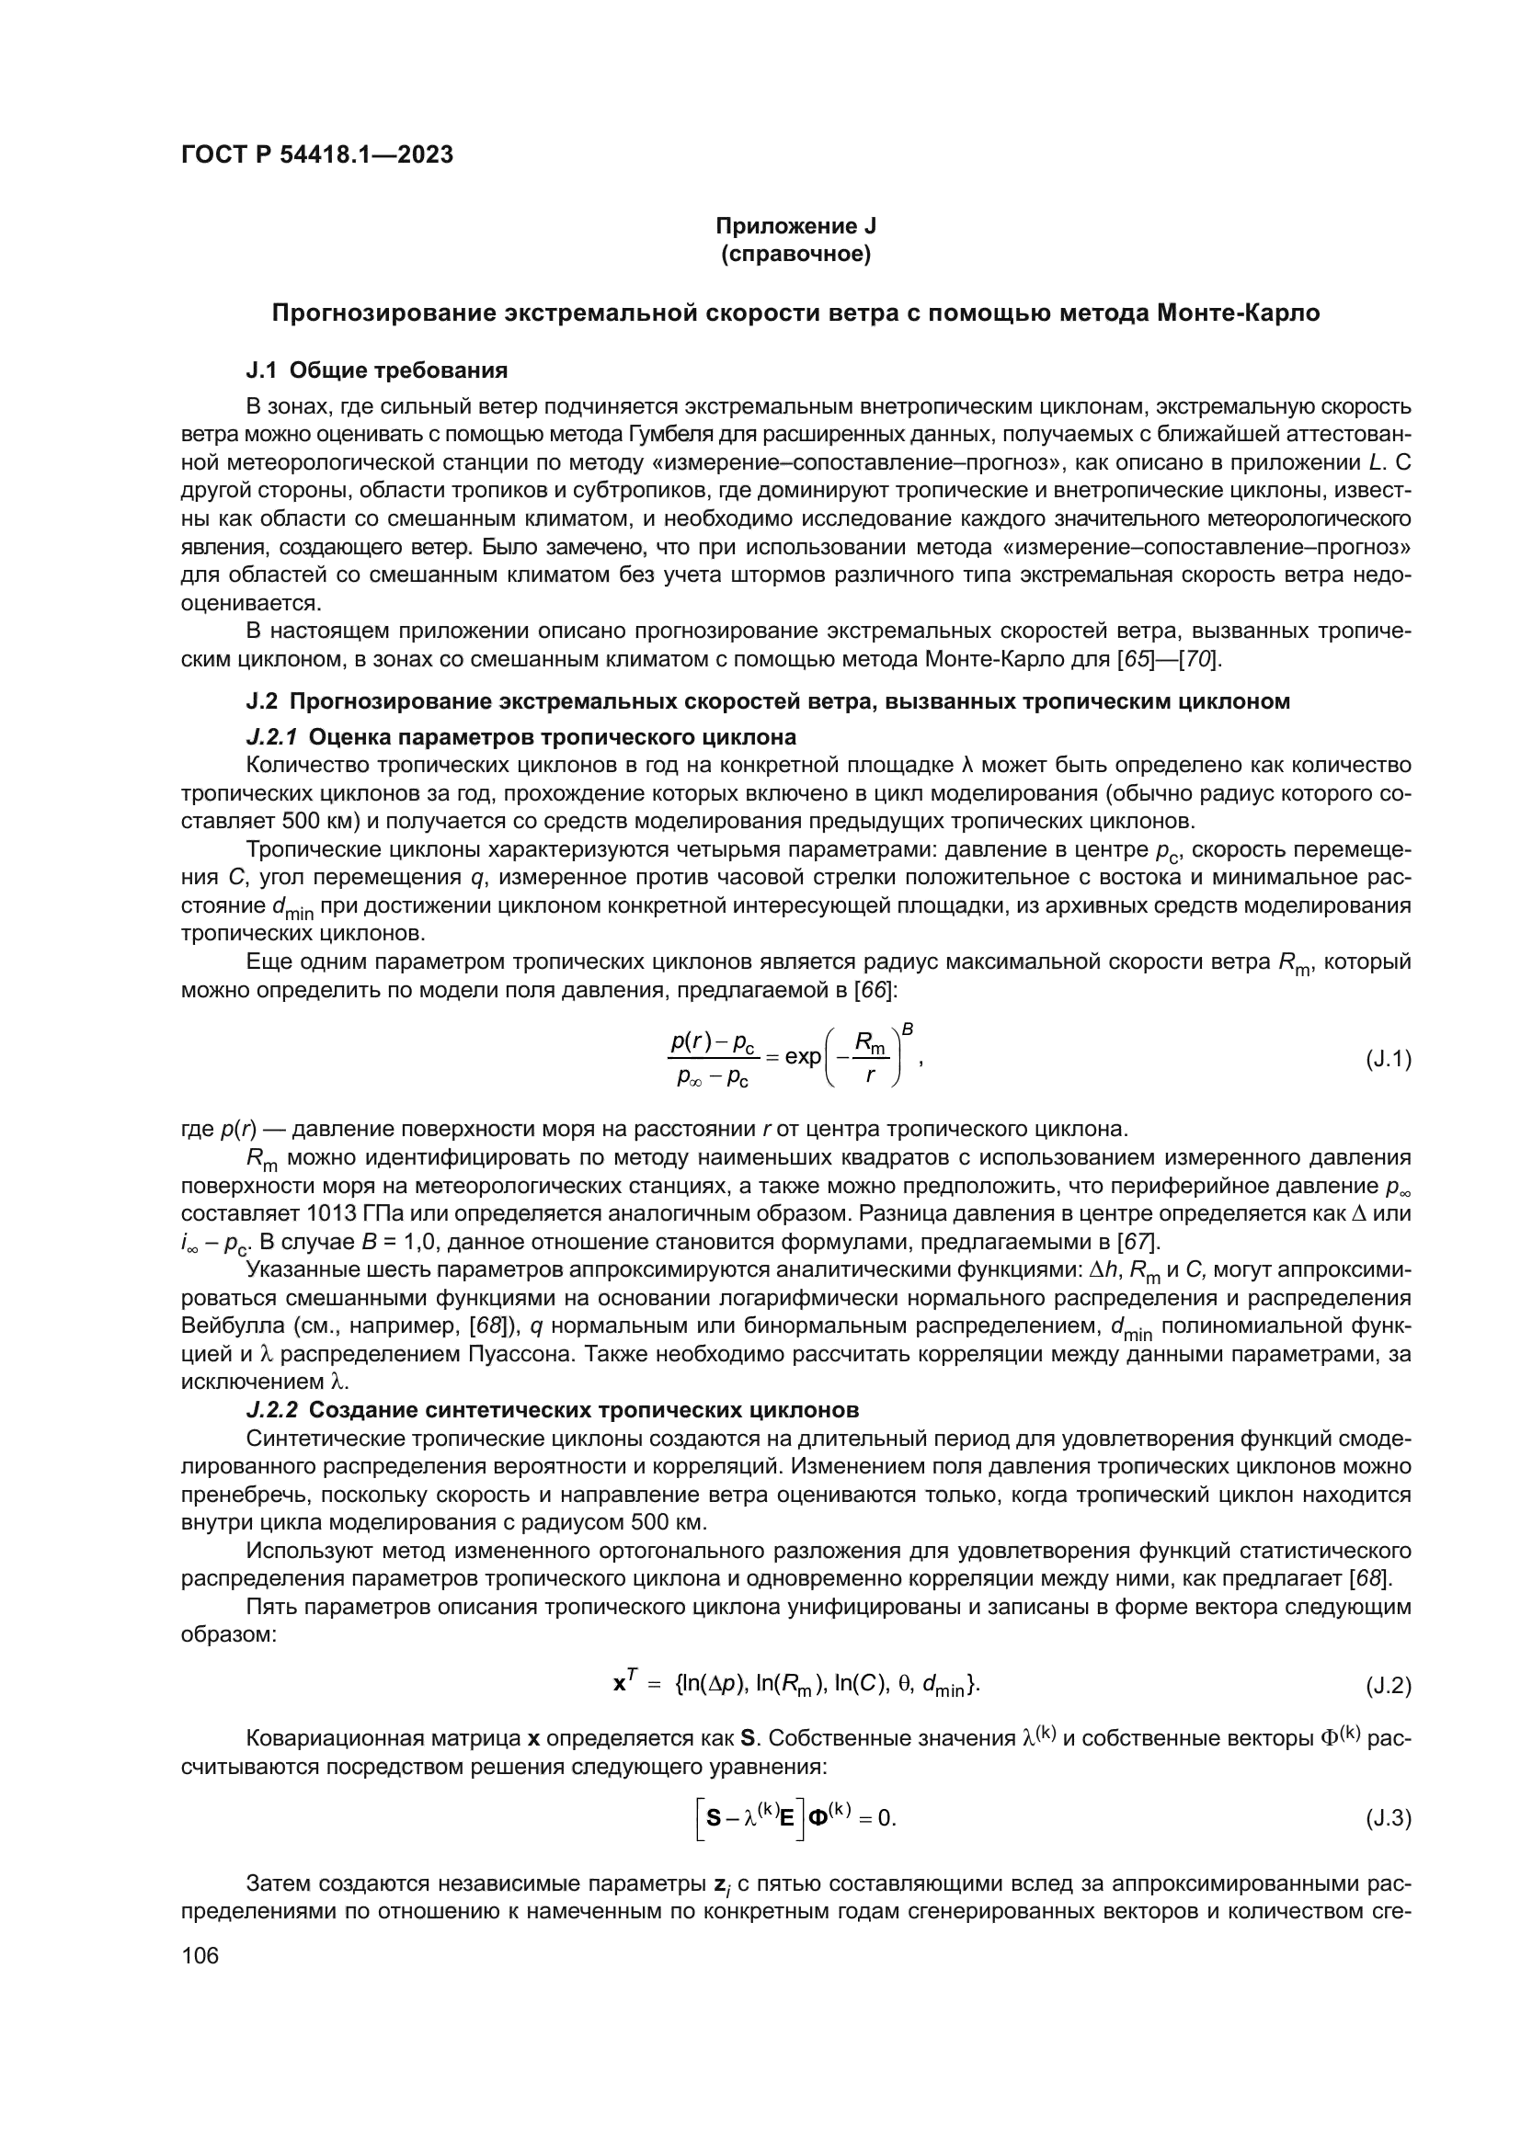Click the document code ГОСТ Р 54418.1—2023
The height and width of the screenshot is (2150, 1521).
316,154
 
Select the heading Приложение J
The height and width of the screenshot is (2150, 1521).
795,226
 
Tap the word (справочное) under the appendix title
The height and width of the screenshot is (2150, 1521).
795,254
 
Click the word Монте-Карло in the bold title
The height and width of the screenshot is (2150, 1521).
1238,313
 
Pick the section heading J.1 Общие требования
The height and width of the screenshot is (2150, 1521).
376,370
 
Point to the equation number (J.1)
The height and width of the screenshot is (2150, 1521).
1388,1059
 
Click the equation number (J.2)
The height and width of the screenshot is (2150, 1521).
1388,1686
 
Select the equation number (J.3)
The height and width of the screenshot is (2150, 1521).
1388,1818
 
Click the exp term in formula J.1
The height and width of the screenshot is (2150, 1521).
803,1056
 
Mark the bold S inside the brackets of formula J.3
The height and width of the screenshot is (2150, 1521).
715,1817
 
